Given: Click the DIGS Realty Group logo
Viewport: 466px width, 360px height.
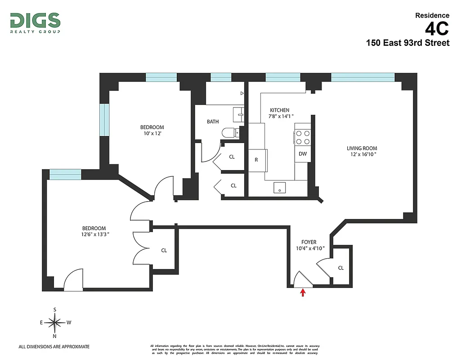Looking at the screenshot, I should point(35,22).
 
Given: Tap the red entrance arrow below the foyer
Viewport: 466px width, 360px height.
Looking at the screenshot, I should point(303,293).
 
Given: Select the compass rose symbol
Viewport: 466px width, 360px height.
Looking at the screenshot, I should point(55,322).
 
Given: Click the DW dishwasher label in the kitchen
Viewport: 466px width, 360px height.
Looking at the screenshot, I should point(303,154).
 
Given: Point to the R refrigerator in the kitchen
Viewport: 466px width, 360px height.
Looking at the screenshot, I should point(256,159).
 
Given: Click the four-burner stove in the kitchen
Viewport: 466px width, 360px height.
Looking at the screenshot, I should point(303,137).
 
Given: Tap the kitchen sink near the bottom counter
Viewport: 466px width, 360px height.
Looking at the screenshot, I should point(280,188).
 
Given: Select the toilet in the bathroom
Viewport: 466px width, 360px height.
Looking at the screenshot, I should point(231,132).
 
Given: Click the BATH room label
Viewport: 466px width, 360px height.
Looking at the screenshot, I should point(213,121).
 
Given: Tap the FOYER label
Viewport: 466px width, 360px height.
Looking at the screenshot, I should point(309,242).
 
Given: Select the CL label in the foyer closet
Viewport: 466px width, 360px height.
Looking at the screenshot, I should point(341,268).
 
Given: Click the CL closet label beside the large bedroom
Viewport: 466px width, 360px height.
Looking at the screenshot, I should point(164,250).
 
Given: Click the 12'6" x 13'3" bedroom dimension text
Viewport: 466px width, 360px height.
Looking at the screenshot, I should point(94,234).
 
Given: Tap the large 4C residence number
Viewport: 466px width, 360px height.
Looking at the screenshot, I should point(437,29).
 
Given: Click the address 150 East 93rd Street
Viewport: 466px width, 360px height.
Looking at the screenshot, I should point(408,43).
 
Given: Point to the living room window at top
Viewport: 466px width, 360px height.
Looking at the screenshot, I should point(363,77).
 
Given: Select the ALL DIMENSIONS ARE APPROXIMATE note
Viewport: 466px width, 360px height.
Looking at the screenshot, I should point(54,346).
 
